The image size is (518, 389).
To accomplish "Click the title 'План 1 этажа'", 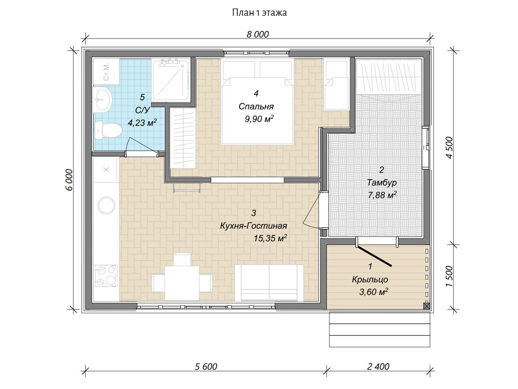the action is (259, 13).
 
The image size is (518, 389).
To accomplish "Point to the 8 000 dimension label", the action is (257, 34).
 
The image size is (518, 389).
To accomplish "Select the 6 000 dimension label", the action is (70, 180).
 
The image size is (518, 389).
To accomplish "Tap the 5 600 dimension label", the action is (206, 367).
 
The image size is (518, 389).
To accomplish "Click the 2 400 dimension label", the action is (378, 367).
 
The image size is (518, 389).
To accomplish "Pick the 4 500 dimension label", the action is (450, 147).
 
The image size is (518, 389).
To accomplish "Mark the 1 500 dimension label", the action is (450, 276).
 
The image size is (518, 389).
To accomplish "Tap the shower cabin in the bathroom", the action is (171, 80).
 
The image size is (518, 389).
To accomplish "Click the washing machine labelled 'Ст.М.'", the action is (106, 71).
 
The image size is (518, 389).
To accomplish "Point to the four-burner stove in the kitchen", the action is (106, 276).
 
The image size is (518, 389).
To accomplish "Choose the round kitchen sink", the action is (106, 205).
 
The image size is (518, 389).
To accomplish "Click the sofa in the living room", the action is (269, 283).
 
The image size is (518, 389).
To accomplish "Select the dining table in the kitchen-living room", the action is (182, 283).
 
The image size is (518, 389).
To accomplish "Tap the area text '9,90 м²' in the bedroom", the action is (259, 119).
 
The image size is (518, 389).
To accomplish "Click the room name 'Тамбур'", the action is (382, 183).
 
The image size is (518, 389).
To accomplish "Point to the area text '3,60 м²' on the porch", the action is (374, 292).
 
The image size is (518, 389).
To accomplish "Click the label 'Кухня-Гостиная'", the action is (254, 226).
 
